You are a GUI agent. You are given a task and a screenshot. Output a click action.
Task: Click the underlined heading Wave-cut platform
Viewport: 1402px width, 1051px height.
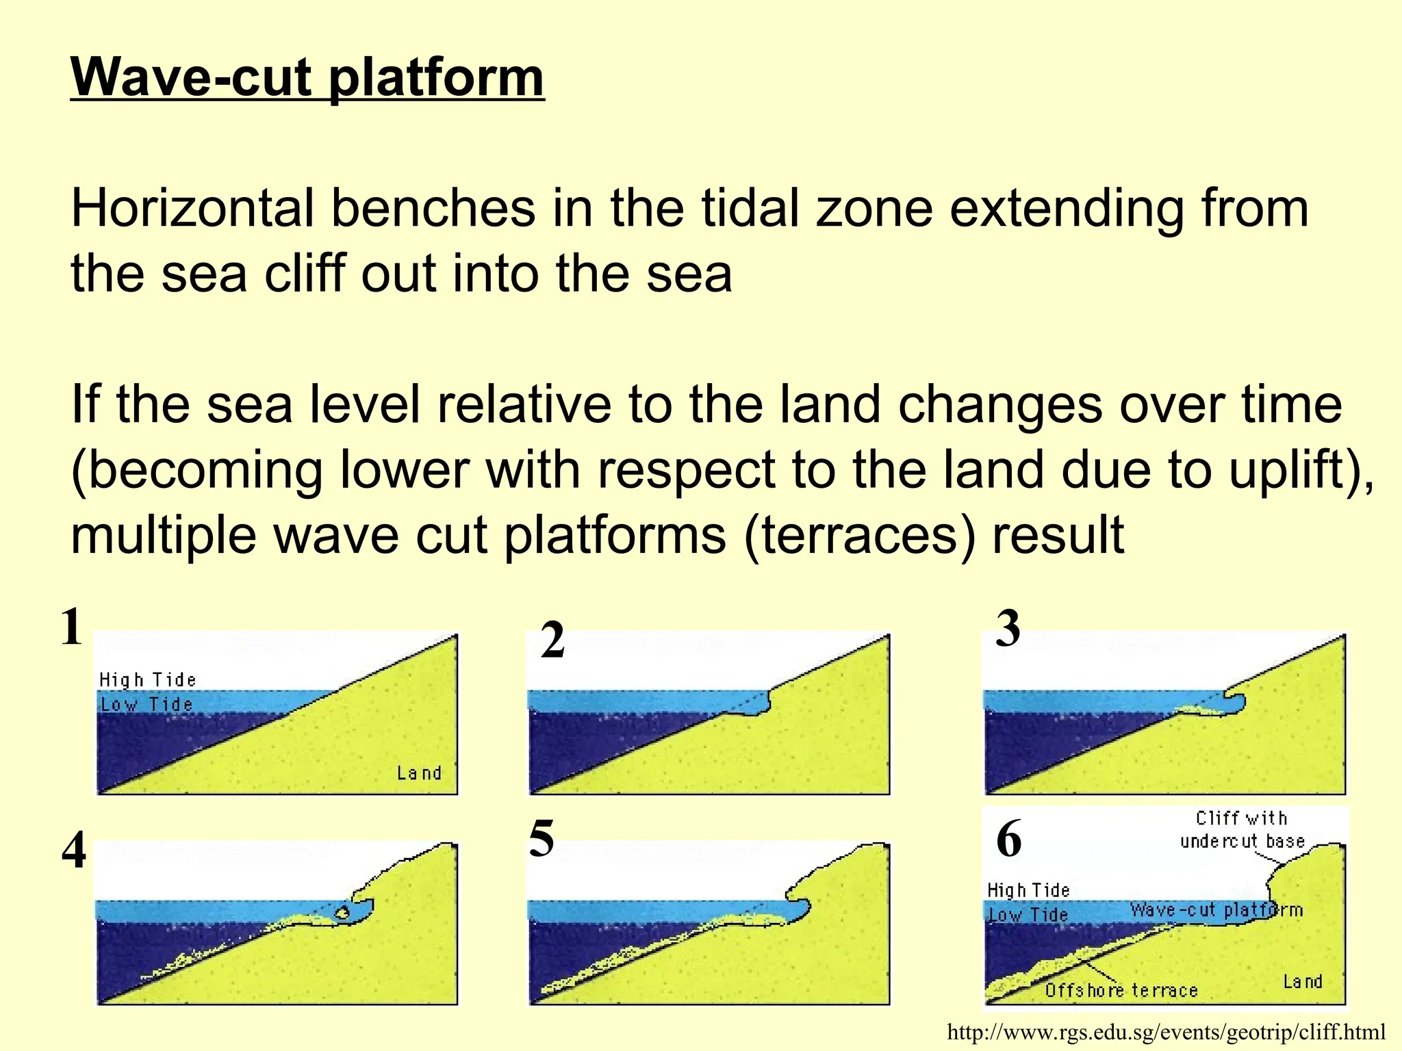(x=307, y=77)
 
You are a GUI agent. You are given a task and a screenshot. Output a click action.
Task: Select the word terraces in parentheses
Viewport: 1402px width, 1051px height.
(x=858, y=535)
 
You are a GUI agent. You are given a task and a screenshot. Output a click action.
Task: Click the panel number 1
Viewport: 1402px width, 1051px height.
(x=71, y=627)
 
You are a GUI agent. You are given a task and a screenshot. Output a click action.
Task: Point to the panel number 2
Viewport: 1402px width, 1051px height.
(x=552, y=641)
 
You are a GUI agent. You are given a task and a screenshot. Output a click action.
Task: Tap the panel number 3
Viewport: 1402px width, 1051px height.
(x=1008, y=629)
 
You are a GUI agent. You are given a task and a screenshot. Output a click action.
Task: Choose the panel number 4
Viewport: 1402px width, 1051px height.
(x=74, y=852)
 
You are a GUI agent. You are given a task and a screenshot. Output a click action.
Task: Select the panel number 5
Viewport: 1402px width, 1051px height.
(x=541, y=839)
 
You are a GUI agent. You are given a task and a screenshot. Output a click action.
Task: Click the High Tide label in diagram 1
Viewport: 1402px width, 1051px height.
(x=147, y=680)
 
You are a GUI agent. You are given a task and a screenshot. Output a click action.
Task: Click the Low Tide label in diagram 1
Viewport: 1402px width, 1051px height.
(x=146, y=704)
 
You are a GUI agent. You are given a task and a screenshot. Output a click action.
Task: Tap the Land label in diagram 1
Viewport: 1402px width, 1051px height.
(x=419, y=773)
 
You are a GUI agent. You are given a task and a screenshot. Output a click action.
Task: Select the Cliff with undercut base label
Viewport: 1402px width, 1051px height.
(x=1242, y=829)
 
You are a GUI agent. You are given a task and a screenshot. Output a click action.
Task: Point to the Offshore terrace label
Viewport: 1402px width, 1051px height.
(x=1121, y=990)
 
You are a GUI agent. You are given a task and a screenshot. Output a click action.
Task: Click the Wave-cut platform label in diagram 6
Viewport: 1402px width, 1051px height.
(x=1216, y=910)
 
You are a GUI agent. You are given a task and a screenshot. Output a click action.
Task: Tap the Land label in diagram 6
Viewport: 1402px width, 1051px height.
(x=1302, y=982)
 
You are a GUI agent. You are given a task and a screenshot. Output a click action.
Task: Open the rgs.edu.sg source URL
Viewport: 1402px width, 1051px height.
(x=1166, y=1032)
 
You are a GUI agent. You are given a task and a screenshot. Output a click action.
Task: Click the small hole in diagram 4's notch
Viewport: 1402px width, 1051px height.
(x=343, y=912)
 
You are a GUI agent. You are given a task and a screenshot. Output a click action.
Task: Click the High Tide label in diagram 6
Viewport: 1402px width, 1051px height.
(x=1028, y=890)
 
